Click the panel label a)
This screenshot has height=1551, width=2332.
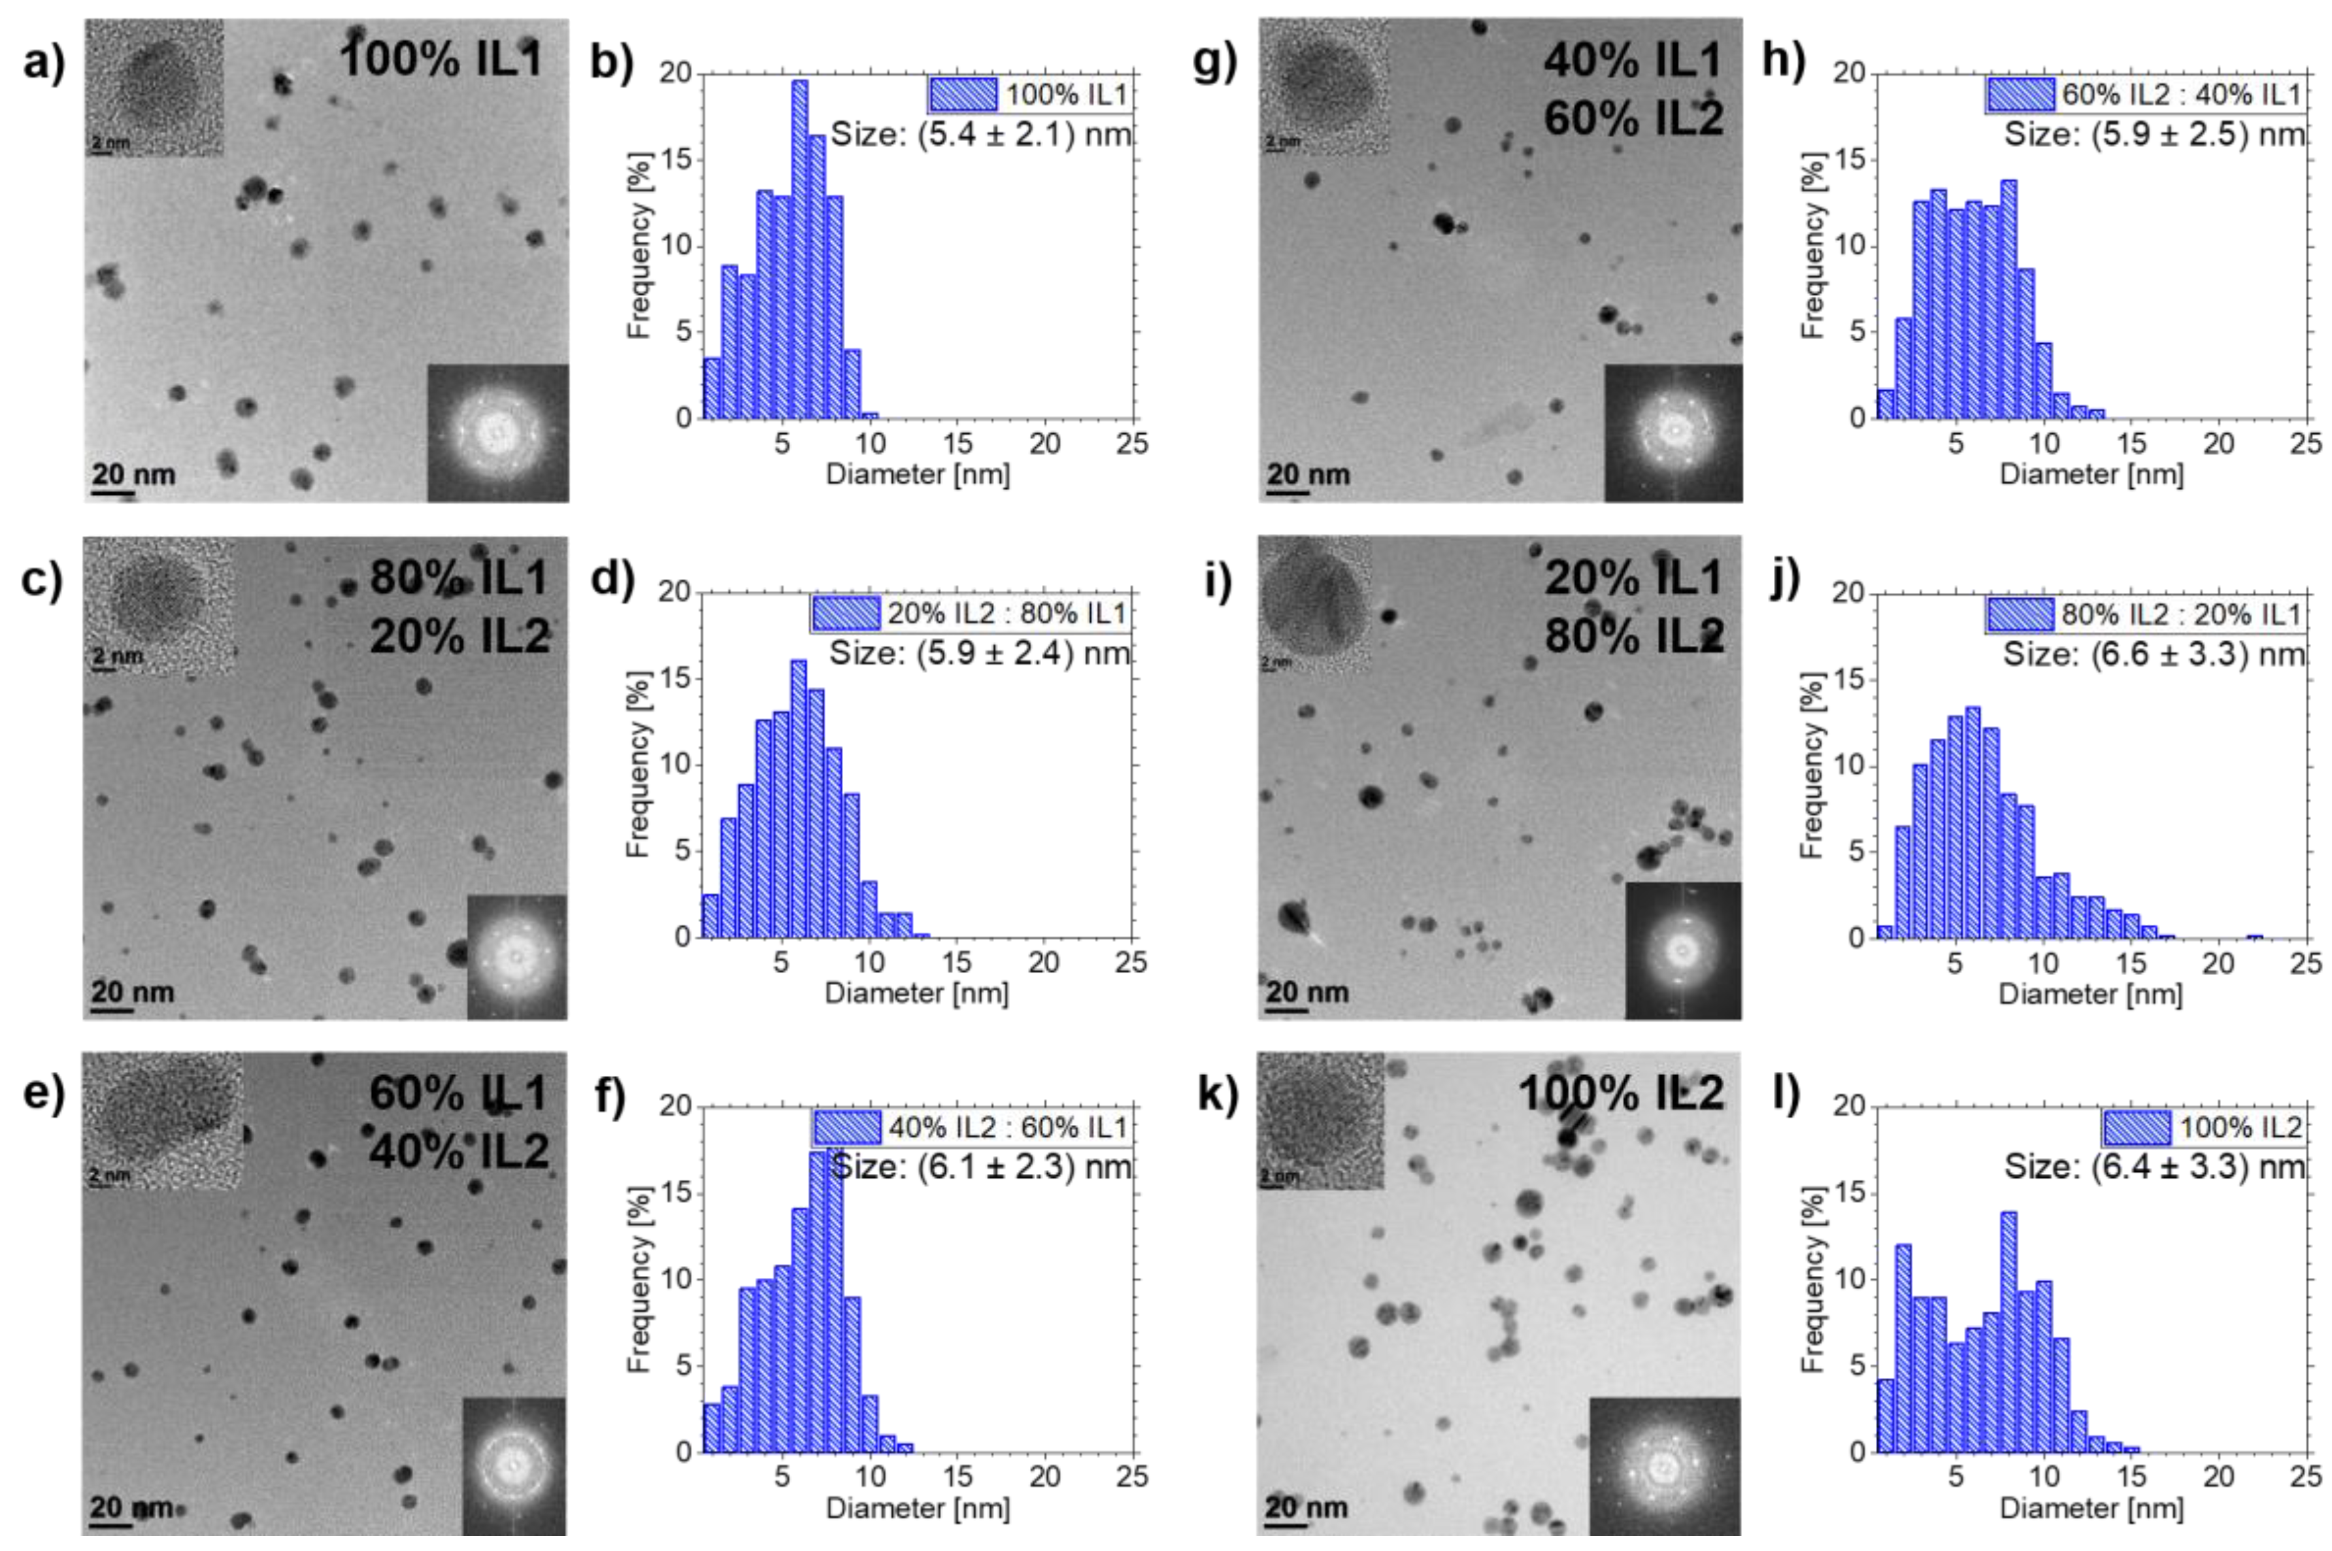42,61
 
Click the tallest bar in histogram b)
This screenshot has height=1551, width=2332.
799,247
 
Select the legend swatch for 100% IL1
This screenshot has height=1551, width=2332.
962,95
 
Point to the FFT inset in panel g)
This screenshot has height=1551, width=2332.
1673,432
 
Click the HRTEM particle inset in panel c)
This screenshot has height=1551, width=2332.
158,605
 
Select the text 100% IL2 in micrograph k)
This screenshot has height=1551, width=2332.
1620,1093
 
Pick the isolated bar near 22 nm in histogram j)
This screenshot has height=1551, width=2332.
2254,936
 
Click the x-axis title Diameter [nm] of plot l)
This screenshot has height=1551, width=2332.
2091,1507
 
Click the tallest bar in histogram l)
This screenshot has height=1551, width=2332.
2008,1331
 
